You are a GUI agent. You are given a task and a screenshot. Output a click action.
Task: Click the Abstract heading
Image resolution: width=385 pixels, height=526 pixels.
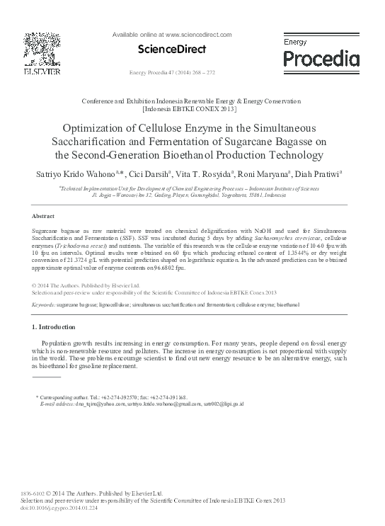point(44,215)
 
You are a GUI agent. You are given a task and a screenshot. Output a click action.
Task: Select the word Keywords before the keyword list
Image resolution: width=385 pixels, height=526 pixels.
point(45,304)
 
